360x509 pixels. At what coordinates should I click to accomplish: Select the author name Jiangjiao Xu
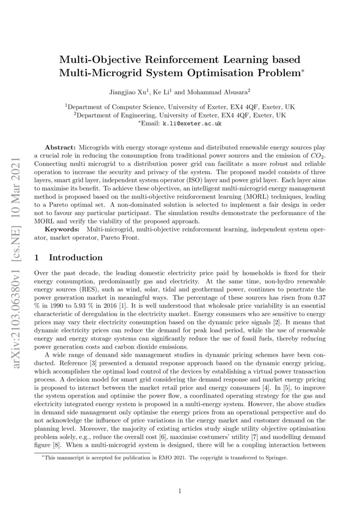click(128, 92)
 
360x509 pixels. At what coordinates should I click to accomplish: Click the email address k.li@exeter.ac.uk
click(192, 124)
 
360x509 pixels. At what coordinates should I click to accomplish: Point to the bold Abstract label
click(61, 148)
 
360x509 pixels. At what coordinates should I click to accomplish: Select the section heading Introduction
click(76, 258)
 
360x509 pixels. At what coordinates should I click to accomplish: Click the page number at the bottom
click(180, 491)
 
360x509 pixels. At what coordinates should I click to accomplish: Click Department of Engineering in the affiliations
click(117, 115)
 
